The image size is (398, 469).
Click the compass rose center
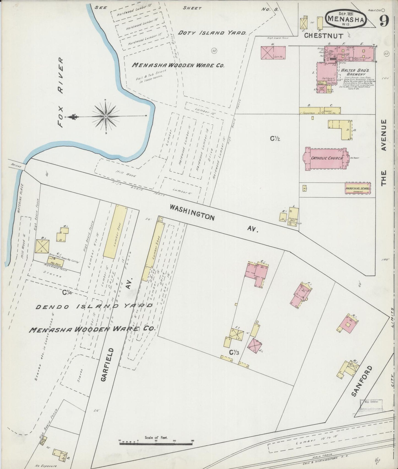(106, 117)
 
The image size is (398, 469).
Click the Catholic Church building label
(327, 158)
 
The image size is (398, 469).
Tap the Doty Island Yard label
(212, 33)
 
